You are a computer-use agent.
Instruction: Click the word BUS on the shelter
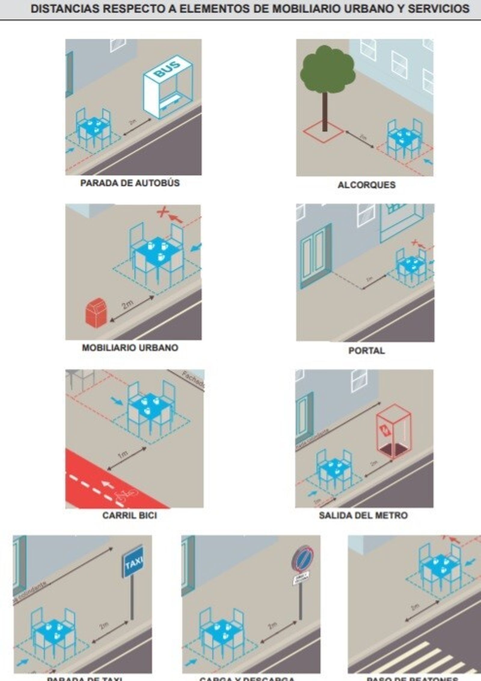[167, 69]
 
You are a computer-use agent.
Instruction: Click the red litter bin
[95, 312]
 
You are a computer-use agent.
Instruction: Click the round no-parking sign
[302, 557]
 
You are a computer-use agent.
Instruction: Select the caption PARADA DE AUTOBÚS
[130, 183]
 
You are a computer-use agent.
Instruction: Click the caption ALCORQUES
[366, 185]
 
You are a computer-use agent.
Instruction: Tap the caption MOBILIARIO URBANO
[130, 348]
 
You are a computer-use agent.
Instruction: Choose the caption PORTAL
[366, 350]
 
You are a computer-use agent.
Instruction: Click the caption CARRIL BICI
[130, 515]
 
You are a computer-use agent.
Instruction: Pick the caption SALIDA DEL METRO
[363, 515]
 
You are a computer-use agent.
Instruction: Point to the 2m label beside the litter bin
[127, 305]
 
